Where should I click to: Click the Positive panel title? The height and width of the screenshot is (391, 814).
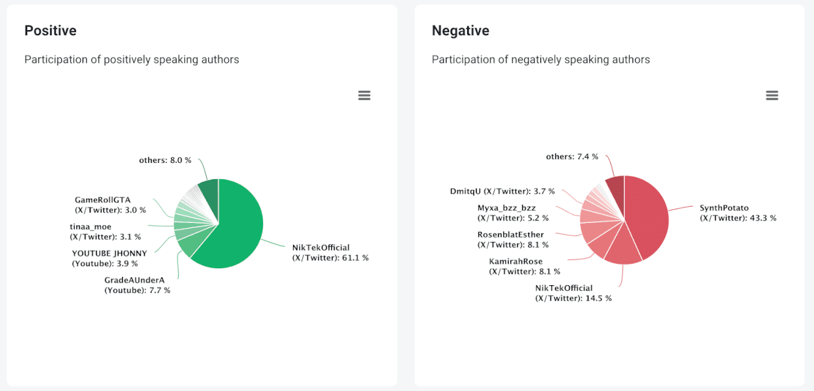coord(50,31)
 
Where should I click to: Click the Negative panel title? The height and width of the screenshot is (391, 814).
coord(460,31)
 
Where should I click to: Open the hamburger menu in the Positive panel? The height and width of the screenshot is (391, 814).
coord(364,95)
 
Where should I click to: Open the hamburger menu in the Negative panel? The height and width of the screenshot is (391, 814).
coord(771,95)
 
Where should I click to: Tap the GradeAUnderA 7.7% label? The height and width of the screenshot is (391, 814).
coord(137,285)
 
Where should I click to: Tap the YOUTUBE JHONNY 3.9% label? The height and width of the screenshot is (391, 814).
coord(110,258)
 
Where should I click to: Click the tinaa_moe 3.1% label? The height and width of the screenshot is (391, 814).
coord(105,231)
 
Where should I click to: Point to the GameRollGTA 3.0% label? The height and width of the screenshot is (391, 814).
coord(110,205)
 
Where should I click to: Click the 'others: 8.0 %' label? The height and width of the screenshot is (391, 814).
coord(165,160)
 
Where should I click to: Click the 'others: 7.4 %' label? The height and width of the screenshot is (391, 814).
coord(572,156)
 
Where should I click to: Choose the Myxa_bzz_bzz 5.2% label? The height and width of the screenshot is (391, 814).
coord(513,212)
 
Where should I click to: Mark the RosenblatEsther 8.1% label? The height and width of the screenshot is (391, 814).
coord(513,239)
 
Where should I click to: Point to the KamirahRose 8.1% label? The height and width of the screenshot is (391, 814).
coord(524,266)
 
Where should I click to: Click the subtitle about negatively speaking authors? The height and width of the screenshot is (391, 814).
coord(540,60)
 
